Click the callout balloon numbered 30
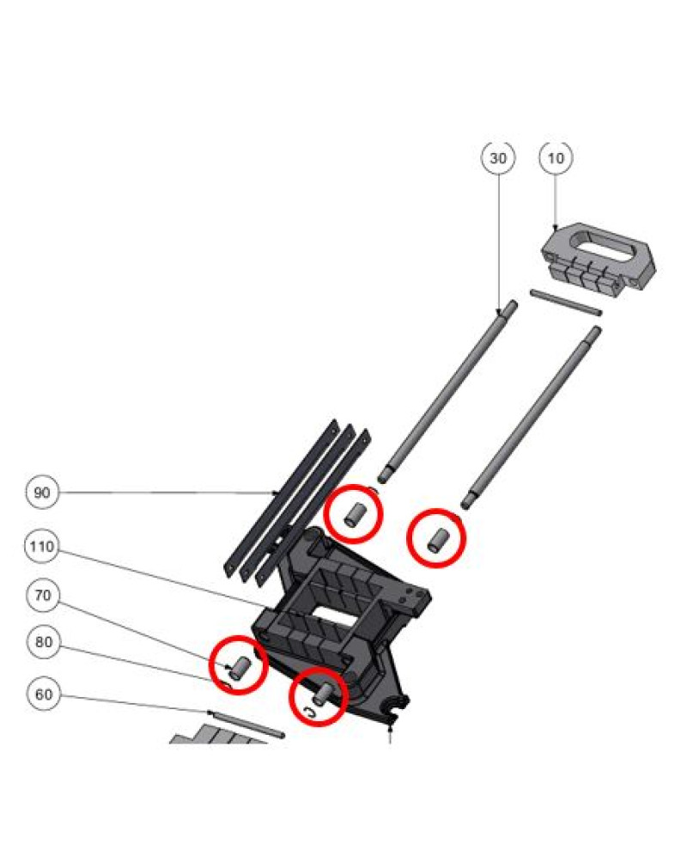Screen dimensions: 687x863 [498, 158]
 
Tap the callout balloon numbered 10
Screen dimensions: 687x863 [556, 158]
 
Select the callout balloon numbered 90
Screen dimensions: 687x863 [42, 492]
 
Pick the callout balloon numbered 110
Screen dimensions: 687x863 [42, 547]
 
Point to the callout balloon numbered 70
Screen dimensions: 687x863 [43, 595]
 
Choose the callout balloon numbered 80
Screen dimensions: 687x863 [44, 642]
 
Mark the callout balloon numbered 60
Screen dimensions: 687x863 [44, 695]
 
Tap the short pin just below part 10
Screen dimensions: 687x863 [566, 303]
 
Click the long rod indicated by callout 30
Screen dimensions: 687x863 [447, 392]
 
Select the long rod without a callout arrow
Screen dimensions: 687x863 [532, 417]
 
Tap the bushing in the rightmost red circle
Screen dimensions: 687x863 [438, 540]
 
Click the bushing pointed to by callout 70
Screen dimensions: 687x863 [240, 668]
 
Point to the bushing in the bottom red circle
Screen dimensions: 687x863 [322, 693]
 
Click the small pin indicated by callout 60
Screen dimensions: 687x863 [247, 724]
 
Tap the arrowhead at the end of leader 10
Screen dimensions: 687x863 [556, 227]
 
